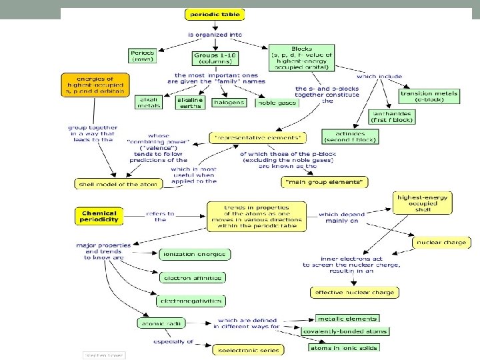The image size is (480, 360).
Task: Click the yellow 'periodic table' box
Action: tap(213, 13)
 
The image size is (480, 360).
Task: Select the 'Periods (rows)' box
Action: tap(143, 55)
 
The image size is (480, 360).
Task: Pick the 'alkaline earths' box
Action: tap(190, 102)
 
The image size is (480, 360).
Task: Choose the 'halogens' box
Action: tap(229, 103)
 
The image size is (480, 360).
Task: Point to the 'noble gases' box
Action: tap(275, 103)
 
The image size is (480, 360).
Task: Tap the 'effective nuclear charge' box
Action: tap(355, 292)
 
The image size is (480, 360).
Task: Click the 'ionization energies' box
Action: tap(194, 254)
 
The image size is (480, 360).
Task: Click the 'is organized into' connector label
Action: tap(215, 34)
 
